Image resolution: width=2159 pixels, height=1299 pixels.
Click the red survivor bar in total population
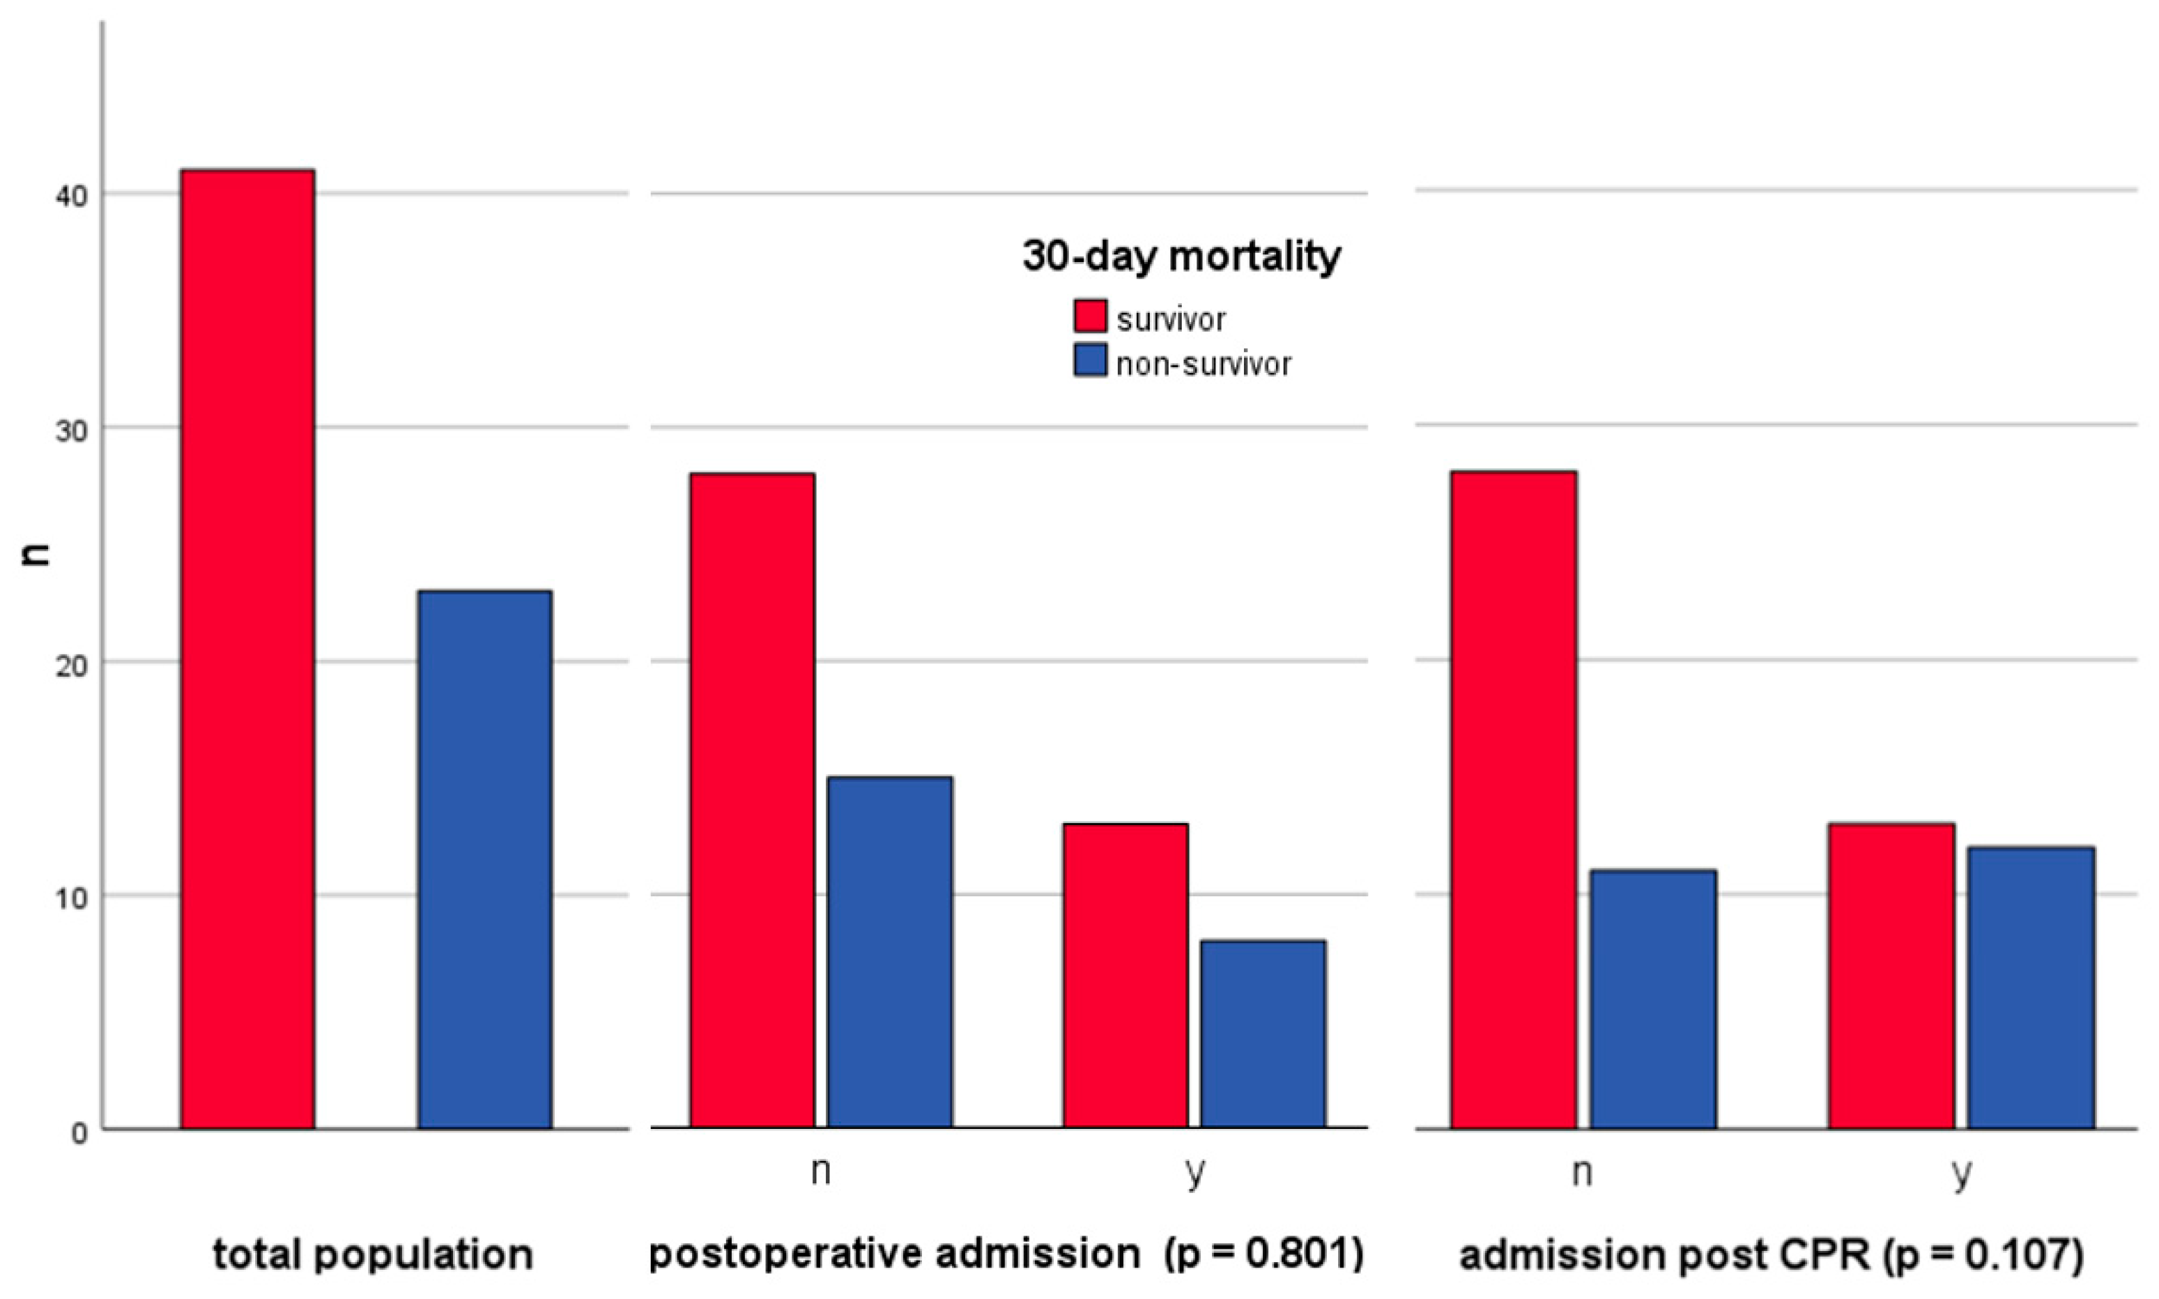click(247, 647)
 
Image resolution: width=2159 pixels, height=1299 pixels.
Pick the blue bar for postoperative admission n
click(890, 951)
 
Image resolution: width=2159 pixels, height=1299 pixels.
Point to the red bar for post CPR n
click(1513, 799)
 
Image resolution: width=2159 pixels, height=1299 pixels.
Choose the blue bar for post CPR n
click(1653, 999)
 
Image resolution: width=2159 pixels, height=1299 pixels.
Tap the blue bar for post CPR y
click(2030, 987)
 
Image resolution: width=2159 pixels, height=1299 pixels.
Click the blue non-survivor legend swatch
click(1089, 360)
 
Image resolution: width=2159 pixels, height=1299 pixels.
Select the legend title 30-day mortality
click(1181, 257)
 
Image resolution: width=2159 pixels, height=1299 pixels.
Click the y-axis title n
click(37, 555)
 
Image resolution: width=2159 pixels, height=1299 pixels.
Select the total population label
click(373, 1254)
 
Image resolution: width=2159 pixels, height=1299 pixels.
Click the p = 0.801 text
click(1263, 1254)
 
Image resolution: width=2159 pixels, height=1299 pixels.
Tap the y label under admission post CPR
click(1961, 1173)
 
